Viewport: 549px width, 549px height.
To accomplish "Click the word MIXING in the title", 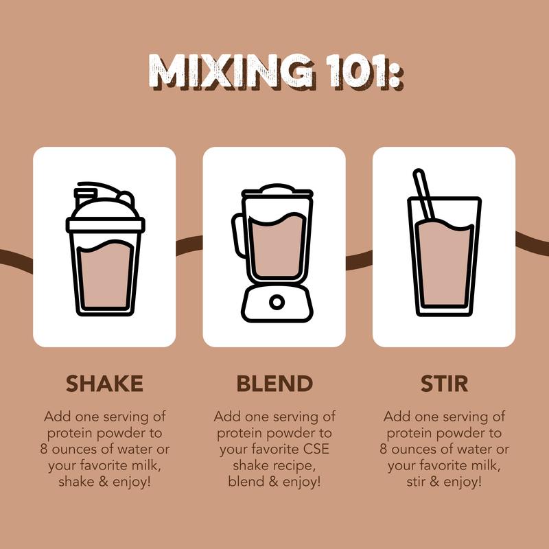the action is (231, 72).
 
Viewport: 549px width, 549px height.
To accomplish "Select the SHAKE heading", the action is (104, 384).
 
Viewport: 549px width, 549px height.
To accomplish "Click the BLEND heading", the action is (274, 384).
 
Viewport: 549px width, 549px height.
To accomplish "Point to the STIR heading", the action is (444, 384).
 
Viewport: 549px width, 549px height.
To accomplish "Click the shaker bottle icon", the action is (105, 249).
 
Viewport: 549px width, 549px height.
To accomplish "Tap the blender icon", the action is (274, 253).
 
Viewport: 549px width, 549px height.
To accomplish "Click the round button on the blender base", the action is (277, 302).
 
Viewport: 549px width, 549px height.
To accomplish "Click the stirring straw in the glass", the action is (423, 195).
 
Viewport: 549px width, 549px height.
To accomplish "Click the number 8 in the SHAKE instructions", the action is (43, 449).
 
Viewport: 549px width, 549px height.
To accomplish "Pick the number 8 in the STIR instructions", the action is (384, 449).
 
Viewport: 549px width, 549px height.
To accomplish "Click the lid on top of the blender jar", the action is (277, 191).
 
